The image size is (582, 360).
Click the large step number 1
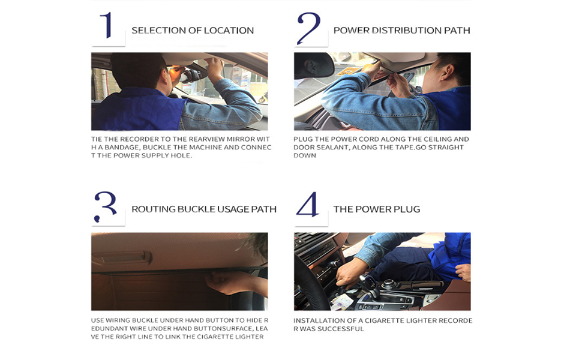point(107,25)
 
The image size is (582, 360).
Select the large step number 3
point(106,207)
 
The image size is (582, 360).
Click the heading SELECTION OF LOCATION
point(193,31)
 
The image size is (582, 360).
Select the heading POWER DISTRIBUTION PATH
point(401,31)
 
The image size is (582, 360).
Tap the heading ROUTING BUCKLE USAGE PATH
point(204,209)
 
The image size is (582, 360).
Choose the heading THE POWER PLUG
point(376,209)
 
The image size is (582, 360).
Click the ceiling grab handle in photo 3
point(122,257)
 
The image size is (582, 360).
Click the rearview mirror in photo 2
point(314,66)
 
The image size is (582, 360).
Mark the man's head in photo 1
point(138,71)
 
